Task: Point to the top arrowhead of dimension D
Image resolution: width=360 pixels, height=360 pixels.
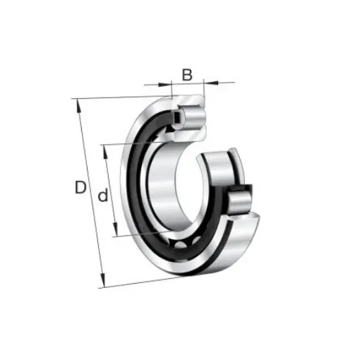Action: tap(78, 104)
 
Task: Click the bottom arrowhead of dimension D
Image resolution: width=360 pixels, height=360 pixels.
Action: tap(102, 284)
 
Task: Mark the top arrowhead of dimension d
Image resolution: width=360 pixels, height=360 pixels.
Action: tap(105, 148)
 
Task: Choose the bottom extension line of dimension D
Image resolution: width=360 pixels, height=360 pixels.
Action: tap(141, 283)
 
